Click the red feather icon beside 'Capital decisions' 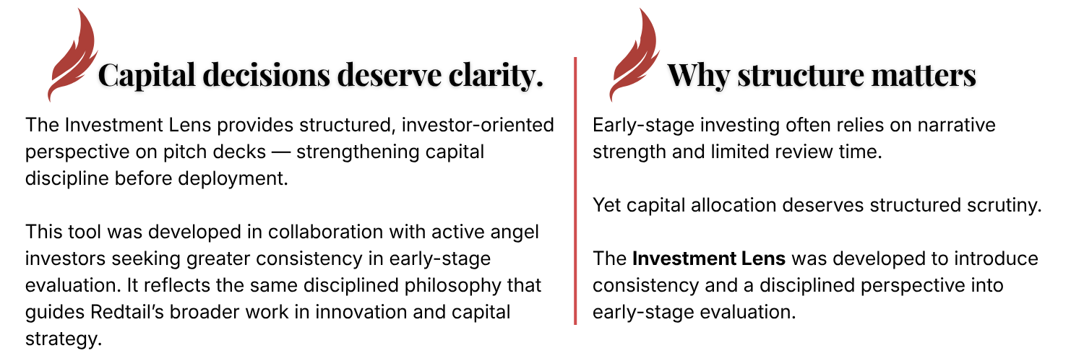tap(72, 56)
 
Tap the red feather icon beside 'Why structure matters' tap(634, 56)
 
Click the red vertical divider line tap(575, 191)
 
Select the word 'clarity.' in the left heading tap(496, 75)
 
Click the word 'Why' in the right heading tap(698, 75)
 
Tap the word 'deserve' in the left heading tap(390, 75)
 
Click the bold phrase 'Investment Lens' tap(709, 258)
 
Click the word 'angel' tap(515, 232)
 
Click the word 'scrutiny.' tap(1005, 205)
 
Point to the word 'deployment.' tap(233, 179)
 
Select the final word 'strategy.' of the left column tap(64, 339)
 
